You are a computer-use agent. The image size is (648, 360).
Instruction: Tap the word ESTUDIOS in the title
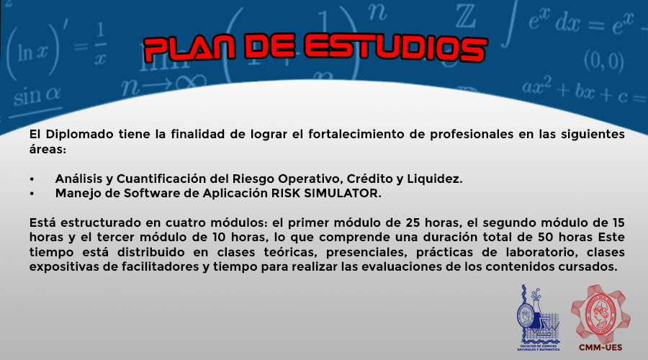(x=396, y=48)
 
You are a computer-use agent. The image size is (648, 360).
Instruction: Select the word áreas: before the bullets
(x=48, y=149)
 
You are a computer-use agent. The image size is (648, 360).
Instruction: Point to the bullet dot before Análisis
(x=32, y=179)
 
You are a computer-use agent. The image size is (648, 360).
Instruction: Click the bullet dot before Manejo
(x=32, y=194)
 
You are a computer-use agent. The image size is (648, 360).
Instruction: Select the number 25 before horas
(x=413, y=222)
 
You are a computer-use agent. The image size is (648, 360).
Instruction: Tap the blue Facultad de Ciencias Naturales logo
(x=539, y=318)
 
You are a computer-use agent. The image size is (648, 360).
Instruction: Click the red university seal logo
(x=600, y=313)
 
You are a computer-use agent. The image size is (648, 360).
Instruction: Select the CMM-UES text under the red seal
(x=600, y=348)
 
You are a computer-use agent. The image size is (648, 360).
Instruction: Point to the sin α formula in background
(x=37, y=96)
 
